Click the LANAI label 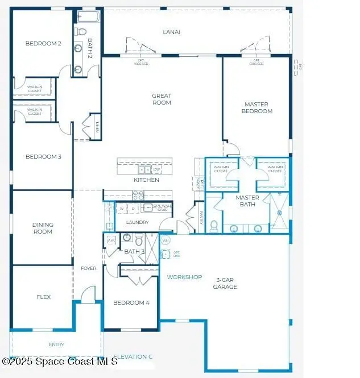[x=171, y=32]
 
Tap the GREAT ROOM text [x=162, y=99]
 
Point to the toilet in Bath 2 [x=81, y=31]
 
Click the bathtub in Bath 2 [x=88, y=16]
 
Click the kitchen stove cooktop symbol [x=138, y=194]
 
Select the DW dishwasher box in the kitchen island [x=156, y=169]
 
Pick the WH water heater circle [x=166, y=240]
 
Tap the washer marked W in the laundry [x=122, y=209]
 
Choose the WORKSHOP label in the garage [x=184, y=277]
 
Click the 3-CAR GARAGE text [x=226, y=283]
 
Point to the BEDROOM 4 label [x=131, y=303]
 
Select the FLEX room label [x=44, y=297]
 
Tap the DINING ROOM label [x=43, y=228]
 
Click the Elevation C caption [x=133, y=356]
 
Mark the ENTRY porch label [x=56, y=344]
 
